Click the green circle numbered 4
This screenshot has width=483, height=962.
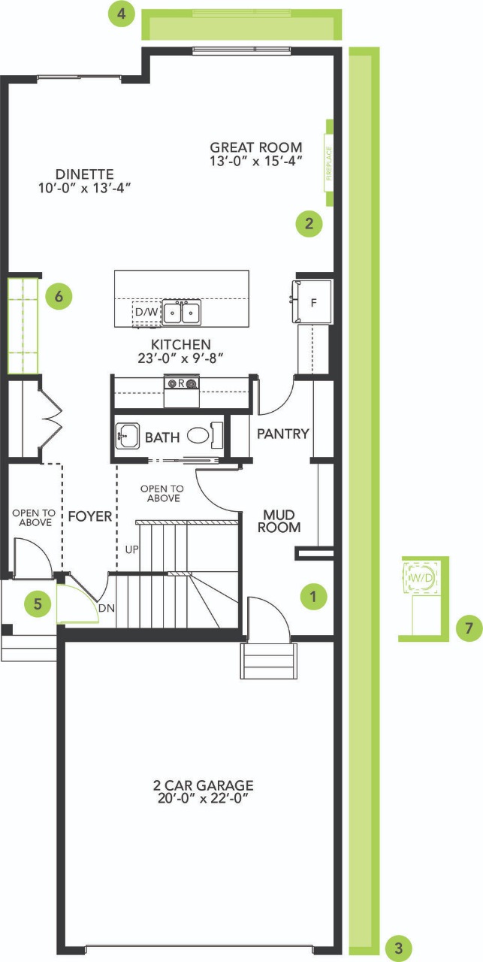[x=122, y=14]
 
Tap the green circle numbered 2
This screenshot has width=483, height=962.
[x=309, y=223]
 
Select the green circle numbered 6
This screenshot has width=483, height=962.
[x=59, y=296]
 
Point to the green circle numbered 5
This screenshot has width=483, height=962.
[x=38, y=604]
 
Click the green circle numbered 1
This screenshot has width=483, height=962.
[x=313, y=596]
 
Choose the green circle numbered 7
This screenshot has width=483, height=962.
[x=469, y=628]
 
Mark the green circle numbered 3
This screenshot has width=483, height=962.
[x=399, y=948]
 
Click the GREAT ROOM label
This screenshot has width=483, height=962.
[x=256, y=147]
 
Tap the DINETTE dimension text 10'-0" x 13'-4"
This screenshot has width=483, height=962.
[x=85, y=188]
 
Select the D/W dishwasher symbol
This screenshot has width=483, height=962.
[x=146, y=312]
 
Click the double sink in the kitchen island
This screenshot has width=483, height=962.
[x=181, y=312]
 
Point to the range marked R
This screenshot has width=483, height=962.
[x=181, y=390]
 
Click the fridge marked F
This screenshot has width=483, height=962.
[x=312, y=301]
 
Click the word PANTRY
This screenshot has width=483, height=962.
[x=283, y=434]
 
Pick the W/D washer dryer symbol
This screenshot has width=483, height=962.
[x=421, y=578]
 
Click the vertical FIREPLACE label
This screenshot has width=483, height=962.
[x=329, y=163]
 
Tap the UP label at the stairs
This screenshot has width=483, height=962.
[x=131, y=549]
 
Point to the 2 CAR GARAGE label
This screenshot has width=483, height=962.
[x=203, y=785]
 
